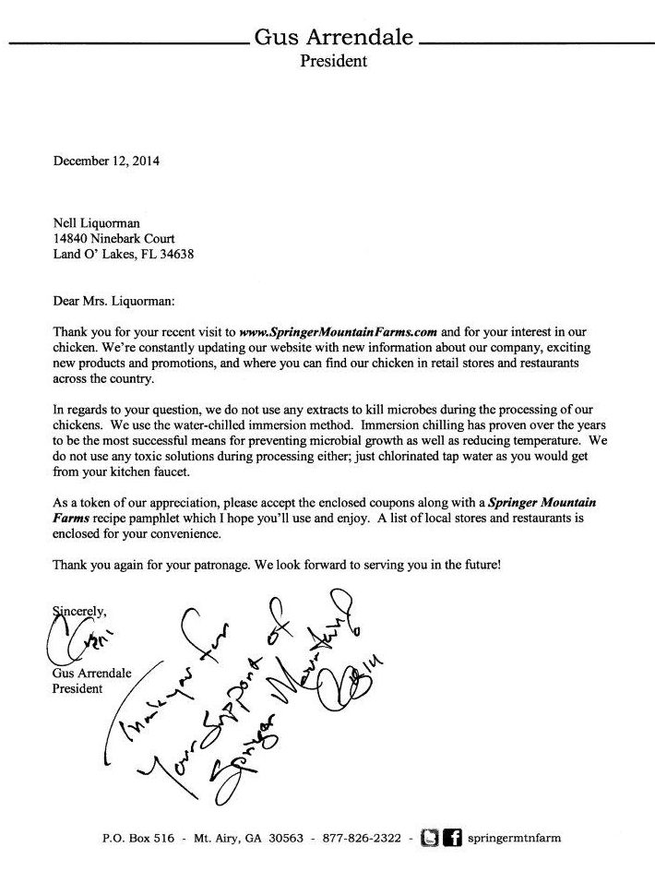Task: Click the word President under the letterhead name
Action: click(333, 62)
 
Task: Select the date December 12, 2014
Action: click(106, 161)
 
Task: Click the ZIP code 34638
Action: click(174, 255)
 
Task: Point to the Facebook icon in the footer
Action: click(452, 838)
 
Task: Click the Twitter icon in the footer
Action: click(429, 838)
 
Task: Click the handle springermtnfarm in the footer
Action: click(515, 839)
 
